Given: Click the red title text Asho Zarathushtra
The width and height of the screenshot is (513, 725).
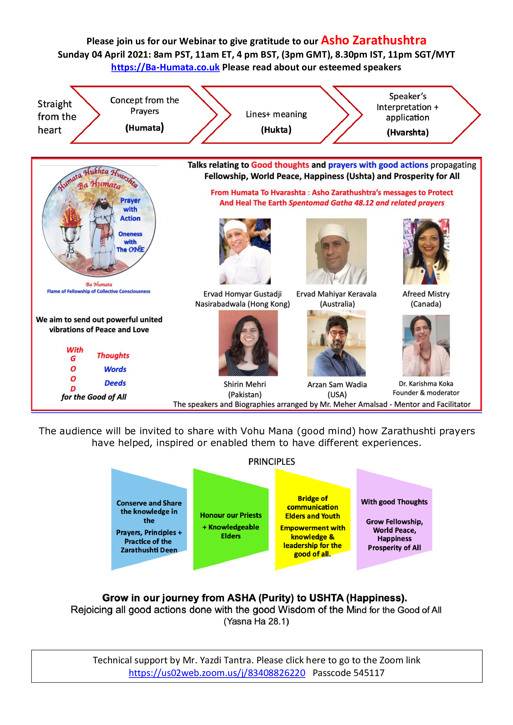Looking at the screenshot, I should pyautogui.click(x=373, y=40).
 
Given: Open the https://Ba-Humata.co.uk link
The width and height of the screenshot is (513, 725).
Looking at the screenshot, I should pyautogui.click(x=165, y=67).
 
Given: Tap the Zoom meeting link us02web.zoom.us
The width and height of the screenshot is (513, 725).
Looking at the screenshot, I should pyautogui.click(x=217, y=673).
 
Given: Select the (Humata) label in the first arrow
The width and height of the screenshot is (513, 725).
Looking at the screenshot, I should pyautogui.click(x=144, y=128).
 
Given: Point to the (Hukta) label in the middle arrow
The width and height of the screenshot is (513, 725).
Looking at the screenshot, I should pyautogui.click(x=276, y=130).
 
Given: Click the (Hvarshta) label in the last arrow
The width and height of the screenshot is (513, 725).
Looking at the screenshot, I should pyautogui.click(x=407, y=132).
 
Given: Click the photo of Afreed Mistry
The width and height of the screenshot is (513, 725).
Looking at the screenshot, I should pyautogui.click(x=426, y=251).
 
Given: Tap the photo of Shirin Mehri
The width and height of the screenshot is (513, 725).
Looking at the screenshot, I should pyautogui.click(x=248, y=343).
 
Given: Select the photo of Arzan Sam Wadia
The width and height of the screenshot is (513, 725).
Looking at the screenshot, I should pyautogui.click(x=336, y=343).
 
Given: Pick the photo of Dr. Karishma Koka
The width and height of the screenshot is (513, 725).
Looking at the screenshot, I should pyautogui.click(x=426, y=345).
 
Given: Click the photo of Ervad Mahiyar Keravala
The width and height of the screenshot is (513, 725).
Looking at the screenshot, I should pyautogui.click(x=336, y=251).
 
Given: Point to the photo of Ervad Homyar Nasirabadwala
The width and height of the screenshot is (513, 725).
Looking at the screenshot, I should pyautogui.click(x=245, y=251).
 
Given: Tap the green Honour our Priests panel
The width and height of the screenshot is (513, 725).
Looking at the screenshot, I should pyautogui.click(x=231, y=519).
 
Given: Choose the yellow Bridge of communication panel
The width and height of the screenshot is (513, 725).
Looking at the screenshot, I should pyautogui.click(x=312, y=519).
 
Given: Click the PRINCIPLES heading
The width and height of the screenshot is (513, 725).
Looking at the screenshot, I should pyautogui.click(x=271, y=462).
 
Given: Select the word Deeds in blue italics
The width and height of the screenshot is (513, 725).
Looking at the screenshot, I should pyautogui.click(x=115, y=383).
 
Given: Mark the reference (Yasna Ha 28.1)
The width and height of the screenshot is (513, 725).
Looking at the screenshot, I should pyautogui.click(x=256, y=621).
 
